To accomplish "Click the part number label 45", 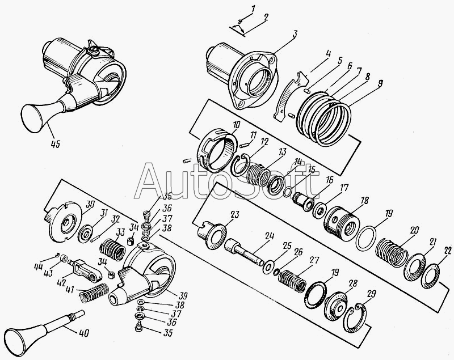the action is (55, 143).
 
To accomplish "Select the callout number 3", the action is (295, 34).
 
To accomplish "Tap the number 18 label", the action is (364, 201).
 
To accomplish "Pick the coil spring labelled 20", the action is (392, 252).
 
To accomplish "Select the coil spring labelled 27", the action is (292, 281).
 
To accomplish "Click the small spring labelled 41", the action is (94, 292).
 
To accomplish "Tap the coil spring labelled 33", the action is (112, 249).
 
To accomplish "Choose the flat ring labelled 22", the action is (429, 272).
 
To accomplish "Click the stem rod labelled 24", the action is (244, 252).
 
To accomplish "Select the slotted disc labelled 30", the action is (63, 222).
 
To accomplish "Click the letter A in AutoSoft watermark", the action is (149, 180).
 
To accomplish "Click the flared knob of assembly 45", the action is (34, 118).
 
